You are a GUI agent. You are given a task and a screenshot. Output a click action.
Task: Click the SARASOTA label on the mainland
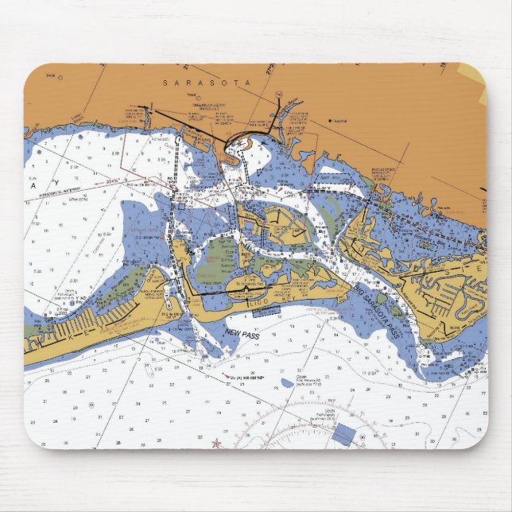coord(206,83)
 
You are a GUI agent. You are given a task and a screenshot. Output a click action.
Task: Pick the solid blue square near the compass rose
coord(343,435)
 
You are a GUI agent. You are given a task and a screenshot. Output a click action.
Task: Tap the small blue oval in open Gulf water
coord(286,383)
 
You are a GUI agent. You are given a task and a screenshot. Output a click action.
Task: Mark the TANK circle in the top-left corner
coord(60,78)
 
